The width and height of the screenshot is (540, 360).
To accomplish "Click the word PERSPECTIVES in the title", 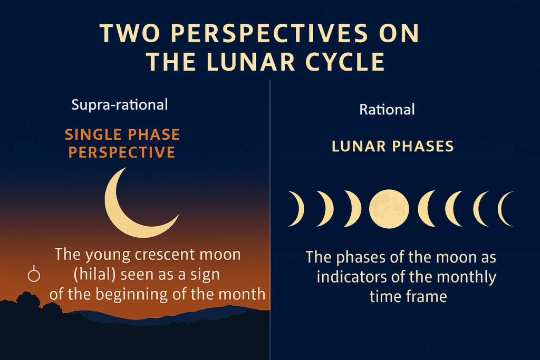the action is tap(269, 33).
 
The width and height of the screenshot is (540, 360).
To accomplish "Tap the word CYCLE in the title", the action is tap(345, 62).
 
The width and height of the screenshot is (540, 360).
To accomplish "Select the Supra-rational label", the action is tap(120, 105).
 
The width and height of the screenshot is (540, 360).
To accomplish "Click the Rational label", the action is tap(387, 110).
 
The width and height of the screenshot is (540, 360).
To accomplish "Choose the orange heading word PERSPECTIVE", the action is tap(122, 152).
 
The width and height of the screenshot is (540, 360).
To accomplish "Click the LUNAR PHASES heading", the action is tap(392, 147).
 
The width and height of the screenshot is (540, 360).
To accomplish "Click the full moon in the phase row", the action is tap(389, 209).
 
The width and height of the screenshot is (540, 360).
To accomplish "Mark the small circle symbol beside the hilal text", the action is tap(34, 275).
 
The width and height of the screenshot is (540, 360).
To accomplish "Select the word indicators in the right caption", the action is tap(351, 277).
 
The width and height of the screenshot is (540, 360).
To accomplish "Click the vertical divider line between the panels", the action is tap(270, 220).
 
